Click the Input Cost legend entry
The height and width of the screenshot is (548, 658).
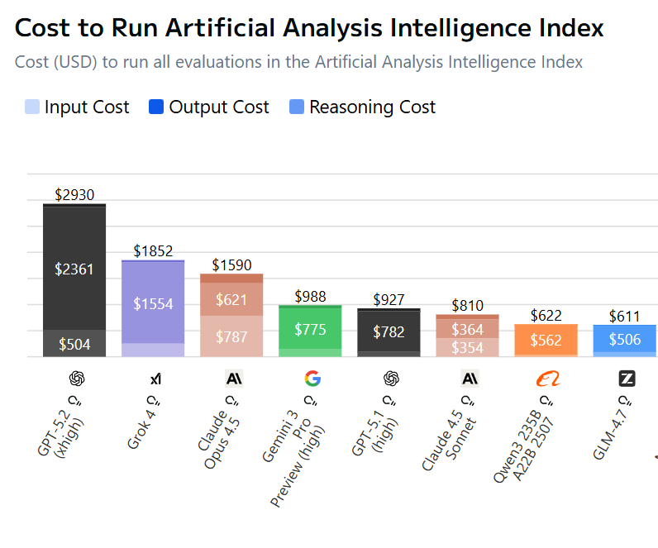(x=78, y=107)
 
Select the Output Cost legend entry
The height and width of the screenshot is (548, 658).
(x=209, y=107)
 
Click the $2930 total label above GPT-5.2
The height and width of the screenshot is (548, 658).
(x=74, y=195)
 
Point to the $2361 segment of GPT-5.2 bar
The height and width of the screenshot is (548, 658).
(x=74, y=269)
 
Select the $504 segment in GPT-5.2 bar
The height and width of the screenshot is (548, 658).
(x=74, y=344)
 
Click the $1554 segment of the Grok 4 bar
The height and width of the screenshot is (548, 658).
(x=153, y=303)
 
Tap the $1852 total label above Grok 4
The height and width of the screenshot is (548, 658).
(x=153, y=251)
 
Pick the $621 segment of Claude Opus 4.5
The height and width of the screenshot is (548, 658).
(x=231, y=299)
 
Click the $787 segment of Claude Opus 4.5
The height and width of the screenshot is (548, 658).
(x=231, y=336)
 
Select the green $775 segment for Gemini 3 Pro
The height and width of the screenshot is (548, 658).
(x=310, y=329)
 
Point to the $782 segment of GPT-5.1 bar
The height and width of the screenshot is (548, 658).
(x=389, y=331)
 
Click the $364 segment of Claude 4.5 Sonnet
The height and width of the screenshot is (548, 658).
(x=467, y=328)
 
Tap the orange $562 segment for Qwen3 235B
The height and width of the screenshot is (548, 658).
(x=546, y=340)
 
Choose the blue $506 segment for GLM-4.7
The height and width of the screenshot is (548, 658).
(x=624, y=339)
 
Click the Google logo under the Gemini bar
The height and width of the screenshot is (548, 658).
(x=312, y=379)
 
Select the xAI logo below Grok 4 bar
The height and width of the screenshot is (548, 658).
(x=155, y=379)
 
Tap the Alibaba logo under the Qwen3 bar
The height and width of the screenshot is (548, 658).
(x=547, y=379)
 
